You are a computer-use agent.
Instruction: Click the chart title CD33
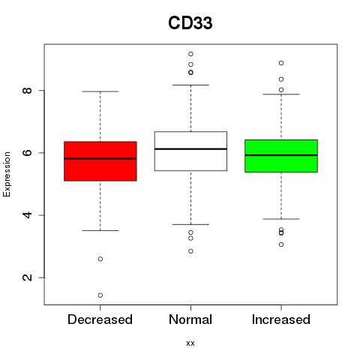point(190,23)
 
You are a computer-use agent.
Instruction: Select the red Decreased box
point(100,161)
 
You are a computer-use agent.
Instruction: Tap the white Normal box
point(190,151)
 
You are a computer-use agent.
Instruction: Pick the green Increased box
point(281,156)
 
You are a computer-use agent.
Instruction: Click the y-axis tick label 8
point(27,90)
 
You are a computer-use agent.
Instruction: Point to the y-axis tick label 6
point(27,152)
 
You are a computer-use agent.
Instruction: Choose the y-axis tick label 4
point(27,215)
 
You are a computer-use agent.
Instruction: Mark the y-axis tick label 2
point(27,277)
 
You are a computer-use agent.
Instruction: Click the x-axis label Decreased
point(100,319)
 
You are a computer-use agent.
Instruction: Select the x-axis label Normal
point(190,319)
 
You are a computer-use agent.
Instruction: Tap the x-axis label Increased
point(281,319)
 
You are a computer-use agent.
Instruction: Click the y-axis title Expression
point(7,174)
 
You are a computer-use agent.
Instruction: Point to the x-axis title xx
point(190,343)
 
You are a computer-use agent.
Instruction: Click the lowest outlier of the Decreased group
point(100,295)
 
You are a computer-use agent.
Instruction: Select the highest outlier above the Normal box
point(190,54)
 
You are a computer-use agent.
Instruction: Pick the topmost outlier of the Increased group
point(281,63)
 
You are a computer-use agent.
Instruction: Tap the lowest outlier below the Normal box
point(190,251)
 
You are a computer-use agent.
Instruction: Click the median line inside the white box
point(190,149)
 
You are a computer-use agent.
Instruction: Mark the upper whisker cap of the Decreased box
point(100,91)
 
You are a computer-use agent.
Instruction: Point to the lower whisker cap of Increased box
point(281,219)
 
